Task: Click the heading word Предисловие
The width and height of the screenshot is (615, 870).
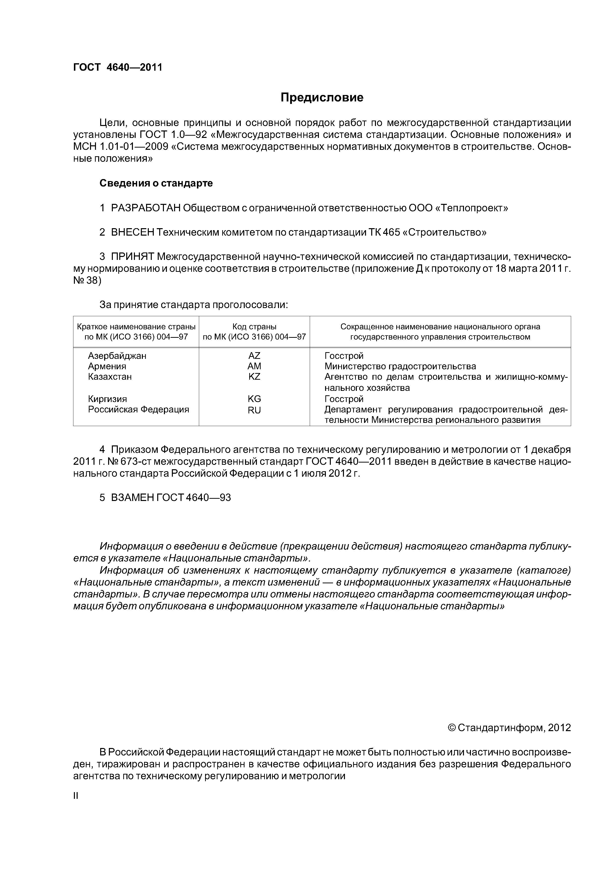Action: pyautogui.click(x=322, y=98)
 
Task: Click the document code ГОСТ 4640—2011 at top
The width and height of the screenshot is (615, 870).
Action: pyautogui.click(x=118, y=67)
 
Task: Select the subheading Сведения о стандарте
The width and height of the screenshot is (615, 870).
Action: pyautogui.click(x=156, y=183)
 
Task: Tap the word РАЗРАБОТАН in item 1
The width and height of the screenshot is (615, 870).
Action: pyautogui.click(x=146, y=208)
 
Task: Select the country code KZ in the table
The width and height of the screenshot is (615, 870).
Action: pyautogui.click(x=254, y=377)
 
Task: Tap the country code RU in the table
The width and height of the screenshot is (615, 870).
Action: pyautogui.click(x=254, y=410)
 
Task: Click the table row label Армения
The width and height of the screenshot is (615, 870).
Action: pyautogui.click(x=107, y=366)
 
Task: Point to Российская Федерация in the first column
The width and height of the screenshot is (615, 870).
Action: pyautogui.click(x=138, y=410)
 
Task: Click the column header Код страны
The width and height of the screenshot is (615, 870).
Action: pyautogui.click(x=254, y=327)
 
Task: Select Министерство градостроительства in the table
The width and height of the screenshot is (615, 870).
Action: pyautogui.click(x=400, y=366)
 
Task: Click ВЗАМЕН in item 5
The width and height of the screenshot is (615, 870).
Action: pyautogui.click(x=132, y=497)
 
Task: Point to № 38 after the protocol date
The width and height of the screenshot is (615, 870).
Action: pyautogui.click(x=87, y=281)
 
